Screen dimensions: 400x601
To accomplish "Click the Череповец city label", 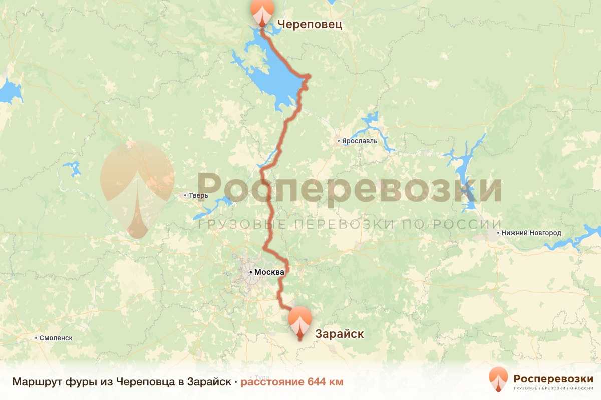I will [310, 24].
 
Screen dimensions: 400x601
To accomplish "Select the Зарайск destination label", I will [339, 334].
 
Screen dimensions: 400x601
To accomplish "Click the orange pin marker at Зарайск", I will [300, 323].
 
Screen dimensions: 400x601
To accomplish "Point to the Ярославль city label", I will [359, 141].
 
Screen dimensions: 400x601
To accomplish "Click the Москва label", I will [269, 272].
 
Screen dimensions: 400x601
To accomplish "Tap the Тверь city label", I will [198, 195].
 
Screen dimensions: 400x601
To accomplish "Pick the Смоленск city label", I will [56, 338].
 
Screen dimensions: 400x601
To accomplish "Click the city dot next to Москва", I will [251, 272].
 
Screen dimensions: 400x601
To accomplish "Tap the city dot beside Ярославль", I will [339, 141].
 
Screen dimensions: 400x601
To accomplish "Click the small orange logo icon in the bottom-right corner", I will [498, 379].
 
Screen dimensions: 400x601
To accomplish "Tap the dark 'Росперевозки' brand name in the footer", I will [553, 378].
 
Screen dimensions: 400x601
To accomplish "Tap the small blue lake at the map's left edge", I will [9, 92].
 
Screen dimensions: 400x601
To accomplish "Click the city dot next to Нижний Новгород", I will [498, 233].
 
